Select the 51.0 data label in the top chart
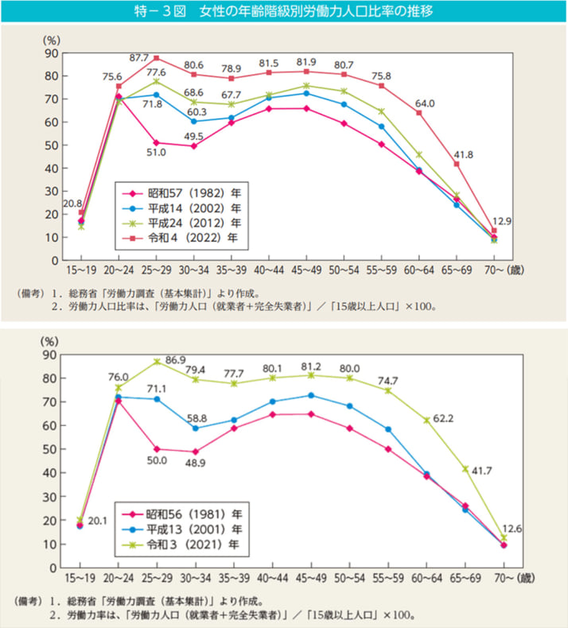(x=156, y=152)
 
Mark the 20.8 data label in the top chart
(x=72, y=204)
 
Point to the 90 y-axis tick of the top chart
(x=50, y=53)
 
